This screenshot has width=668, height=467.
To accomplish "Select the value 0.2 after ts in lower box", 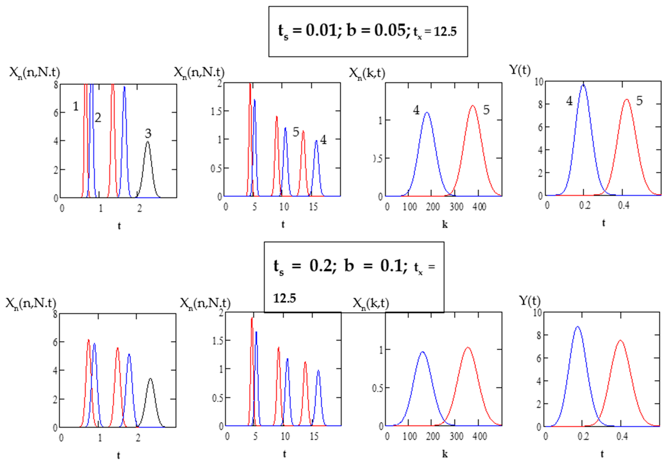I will tap(320, 266).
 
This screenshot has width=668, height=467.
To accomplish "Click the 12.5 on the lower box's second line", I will tap(285, 298).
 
